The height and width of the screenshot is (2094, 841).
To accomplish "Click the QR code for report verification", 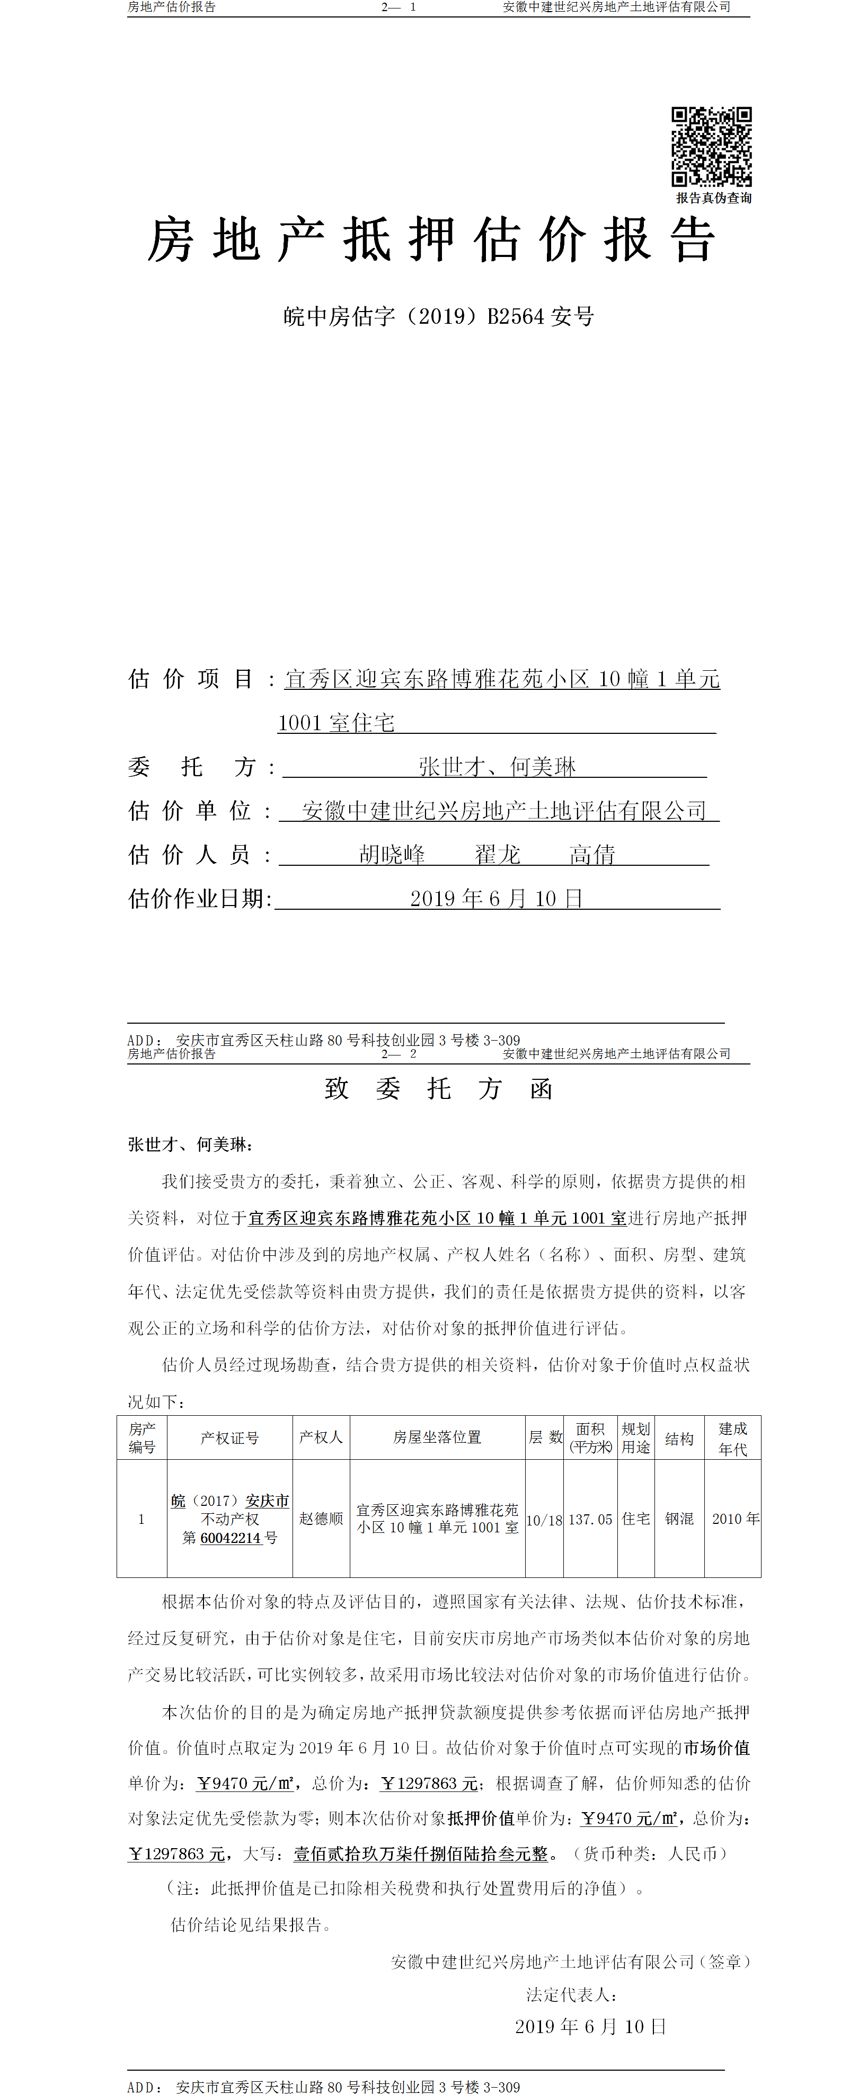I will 711,146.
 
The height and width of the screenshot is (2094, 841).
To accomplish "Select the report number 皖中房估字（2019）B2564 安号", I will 438,316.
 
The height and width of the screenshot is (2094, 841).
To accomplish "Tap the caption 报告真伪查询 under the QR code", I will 713,198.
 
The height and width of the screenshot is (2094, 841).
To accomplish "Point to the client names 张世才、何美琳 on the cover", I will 497,767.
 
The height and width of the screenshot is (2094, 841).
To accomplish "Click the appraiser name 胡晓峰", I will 392,854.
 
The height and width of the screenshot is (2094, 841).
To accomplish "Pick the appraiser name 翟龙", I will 497,854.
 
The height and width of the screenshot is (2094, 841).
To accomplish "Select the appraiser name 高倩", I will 592,854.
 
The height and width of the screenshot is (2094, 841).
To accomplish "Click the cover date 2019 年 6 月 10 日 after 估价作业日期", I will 496,898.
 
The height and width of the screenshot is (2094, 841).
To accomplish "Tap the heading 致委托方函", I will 438,1088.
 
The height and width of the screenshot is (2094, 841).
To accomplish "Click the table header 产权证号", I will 229,1438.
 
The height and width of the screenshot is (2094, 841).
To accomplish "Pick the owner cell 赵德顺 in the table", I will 321,1519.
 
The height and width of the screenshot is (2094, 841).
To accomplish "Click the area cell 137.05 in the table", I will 590,1519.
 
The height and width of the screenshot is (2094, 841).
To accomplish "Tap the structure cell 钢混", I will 679,1519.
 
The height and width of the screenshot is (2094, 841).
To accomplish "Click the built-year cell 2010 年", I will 735,1519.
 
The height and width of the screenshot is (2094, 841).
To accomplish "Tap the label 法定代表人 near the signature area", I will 571,1994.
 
